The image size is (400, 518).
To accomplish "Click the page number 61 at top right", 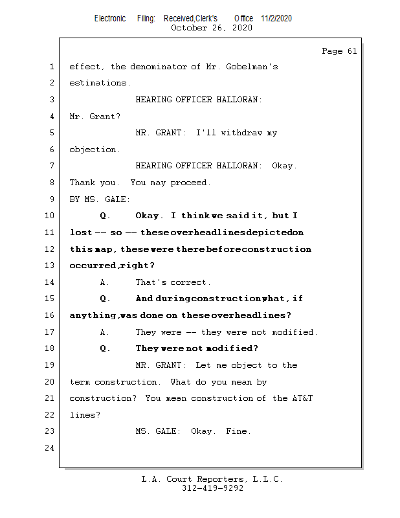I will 351,51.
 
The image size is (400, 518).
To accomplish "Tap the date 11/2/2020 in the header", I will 276,19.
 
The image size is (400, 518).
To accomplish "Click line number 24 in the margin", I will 50,448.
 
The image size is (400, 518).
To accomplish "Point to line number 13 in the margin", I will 50,265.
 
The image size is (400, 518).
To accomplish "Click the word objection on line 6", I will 94,150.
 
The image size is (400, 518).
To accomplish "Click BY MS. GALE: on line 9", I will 100,199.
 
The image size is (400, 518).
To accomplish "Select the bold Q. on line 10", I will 106,216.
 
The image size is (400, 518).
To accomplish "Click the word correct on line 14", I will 191,282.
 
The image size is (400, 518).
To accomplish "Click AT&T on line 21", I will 302,398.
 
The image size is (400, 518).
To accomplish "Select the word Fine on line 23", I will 237,431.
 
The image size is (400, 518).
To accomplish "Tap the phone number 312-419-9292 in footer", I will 212,488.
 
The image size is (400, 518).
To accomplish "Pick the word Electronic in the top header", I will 110,19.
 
